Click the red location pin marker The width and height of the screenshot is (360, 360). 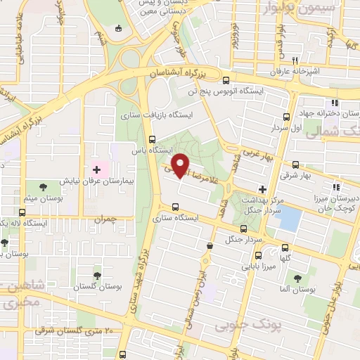(181, 165)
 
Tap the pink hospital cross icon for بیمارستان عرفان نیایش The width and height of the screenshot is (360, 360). (97, 169)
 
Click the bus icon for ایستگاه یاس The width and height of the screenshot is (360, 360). (153, 139)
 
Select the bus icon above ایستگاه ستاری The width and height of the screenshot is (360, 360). (175, 207)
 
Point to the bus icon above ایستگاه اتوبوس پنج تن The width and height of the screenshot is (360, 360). (226, 79)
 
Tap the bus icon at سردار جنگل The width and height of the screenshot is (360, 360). (243, 229)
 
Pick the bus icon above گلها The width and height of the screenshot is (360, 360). (285, 247)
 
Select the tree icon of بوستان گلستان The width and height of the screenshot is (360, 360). (97, 275)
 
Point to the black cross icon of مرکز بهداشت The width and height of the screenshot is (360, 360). (262, 188)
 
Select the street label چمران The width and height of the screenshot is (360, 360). (103, 220)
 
